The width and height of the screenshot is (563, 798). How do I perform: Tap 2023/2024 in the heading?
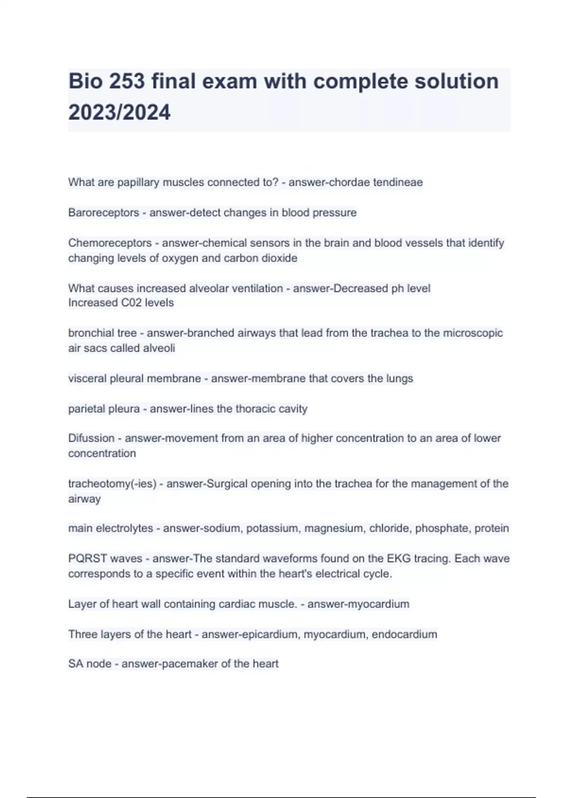pos(120,113)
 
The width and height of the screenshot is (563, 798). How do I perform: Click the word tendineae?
pos(397,182)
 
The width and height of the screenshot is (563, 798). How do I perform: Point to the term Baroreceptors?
pos(103,213)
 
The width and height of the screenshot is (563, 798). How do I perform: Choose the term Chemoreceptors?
pos(110,243)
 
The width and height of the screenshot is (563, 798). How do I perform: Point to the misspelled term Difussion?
pos(91,438)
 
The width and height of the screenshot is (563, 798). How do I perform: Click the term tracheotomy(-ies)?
pos(112,483)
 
